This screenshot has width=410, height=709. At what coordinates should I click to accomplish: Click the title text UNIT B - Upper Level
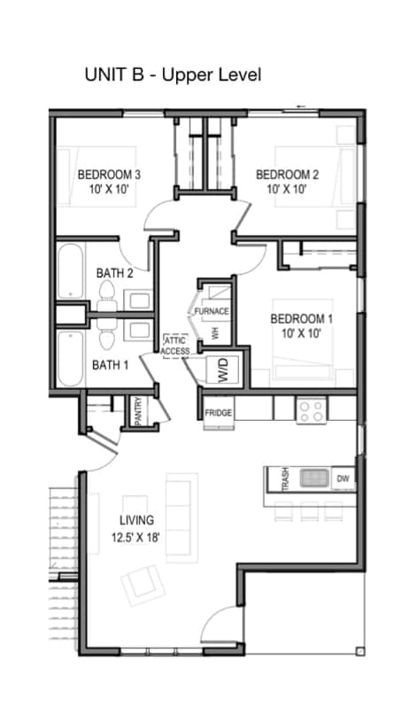click(174, 74)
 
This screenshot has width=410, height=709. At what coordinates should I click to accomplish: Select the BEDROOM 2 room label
click(287, 175)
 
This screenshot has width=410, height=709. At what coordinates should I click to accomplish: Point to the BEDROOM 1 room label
click(301, 319)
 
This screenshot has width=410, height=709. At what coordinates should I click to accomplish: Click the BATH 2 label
click(115, 273)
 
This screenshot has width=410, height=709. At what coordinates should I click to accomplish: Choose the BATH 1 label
click(111, 365)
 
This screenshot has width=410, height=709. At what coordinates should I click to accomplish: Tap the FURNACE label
click(212, 312)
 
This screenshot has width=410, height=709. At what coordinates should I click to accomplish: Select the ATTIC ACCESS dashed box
click(176, 346)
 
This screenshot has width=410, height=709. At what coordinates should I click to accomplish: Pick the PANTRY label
click(139, 411)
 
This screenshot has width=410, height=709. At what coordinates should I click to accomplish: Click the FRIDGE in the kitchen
click(219, 413)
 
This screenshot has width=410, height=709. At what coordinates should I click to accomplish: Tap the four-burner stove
click(312, 410)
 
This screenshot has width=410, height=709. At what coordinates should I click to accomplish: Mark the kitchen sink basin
click(314, 478)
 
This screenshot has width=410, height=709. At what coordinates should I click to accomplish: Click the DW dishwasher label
click(343, 479)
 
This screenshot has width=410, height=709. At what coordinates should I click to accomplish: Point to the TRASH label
click(285, 479)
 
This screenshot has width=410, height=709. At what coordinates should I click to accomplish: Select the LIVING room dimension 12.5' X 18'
click(135, 538)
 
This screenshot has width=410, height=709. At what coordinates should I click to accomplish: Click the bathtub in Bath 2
click(71, 271)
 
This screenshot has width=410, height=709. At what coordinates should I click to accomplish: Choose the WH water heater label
click(215, 334)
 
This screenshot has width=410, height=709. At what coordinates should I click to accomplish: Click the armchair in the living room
click(143, 583)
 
